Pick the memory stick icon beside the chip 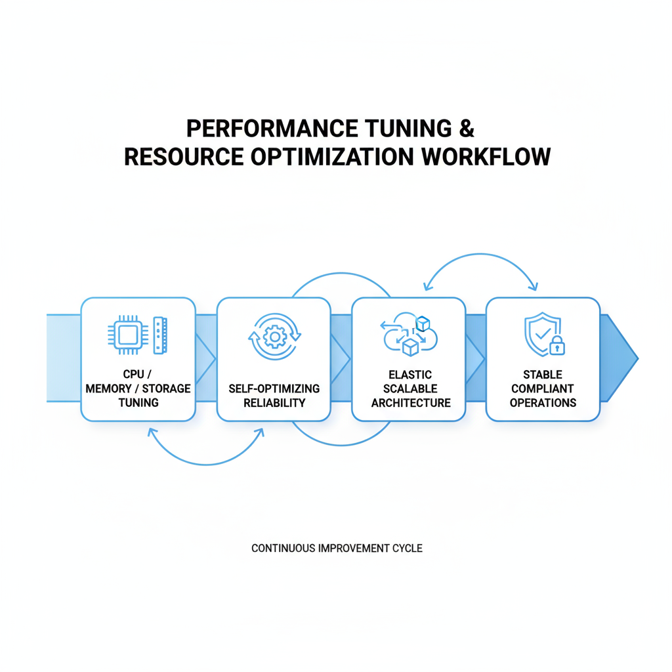tap(161, 335)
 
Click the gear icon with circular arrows tap(274, 337)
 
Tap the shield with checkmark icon tap(541, 333)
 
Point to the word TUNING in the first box tap(138, 402)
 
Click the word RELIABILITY tap(274, 402)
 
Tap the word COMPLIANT tap(543, 388)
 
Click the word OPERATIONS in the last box tap(543, 402)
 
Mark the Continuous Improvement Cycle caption tap(337, 547)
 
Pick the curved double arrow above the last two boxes tap(480, 262)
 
